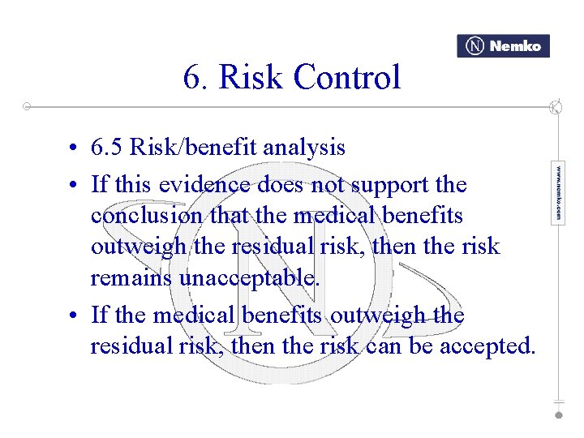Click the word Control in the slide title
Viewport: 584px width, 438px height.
[347, 78]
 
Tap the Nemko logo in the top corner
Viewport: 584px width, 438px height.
[503, 46]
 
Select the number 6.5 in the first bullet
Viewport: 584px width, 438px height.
[107, 148]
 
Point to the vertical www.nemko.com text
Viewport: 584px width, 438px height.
[558, 193]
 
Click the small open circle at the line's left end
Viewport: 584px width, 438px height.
[27, 106]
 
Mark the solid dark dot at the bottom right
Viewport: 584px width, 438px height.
[558, 414]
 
